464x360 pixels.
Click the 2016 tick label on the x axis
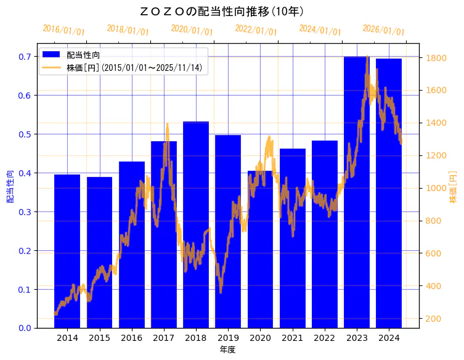pyautogui.click(x=131, y=338)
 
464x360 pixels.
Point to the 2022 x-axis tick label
pyautogui.click(x=325, y=338)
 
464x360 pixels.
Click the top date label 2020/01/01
pyautogui.click(x=192, y=30)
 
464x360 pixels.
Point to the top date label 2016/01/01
pyautogui.click(x=63, y=30)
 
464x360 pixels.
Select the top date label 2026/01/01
pyautogui.click(x=383, y=30)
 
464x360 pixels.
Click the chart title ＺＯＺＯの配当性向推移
pyautogui.click(x=222, y=11)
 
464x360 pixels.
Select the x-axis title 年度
pyautogui.click(x=227, y=350)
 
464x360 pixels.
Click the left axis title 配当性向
pyautogui.click(x=10, y=186)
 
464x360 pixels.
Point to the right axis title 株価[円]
pyautogui.click(x=453, y=186)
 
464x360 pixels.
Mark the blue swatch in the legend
pyautogui.click(x=51, y=55)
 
